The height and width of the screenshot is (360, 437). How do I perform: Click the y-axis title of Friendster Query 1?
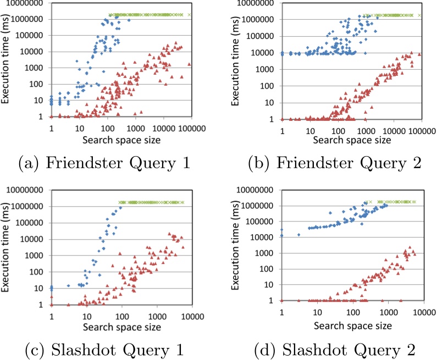7,62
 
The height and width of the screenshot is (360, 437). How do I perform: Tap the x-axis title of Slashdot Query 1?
121,327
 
